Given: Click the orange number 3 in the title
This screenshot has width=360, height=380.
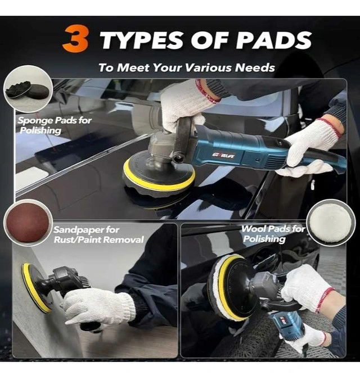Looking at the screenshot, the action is click(x=75, y=39).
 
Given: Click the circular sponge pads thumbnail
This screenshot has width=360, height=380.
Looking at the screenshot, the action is click(x=28, y=89).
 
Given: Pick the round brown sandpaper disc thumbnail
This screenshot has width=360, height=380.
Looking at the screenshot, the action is click(x=28, y=223).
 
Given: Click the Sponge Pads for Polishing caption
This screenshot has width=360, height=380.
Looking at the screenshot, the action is click(x=55, y=125).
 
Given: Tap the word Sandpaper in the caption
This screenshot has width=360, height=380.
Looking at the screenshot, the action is click(x=87, y=229).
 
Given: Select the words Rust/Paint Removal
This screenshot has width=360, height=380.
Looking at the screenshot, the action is click(x=99, y=239).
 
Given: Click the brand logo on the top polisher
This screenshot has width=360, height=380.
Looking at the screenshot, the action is click(x=223, y=155).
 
